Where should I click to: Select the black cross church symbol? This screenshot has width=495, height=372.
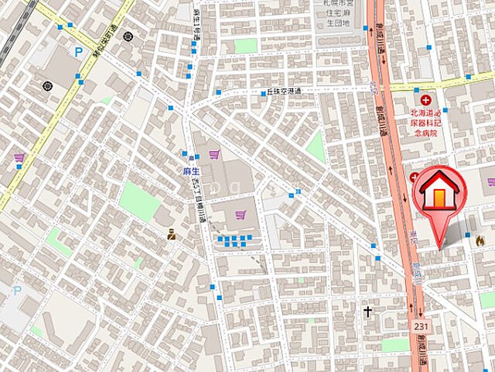[x=368, y=312]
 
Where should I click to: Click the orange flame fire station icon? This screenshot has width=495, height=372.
[x=480, y=241]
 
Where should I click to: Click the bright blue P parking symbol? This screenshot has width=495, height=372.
[x=78, y=52]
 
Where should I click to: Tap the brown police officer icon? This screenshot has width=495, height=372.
[x=171, y=233]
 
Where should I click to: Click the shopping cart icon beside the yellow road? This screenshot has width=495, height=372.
[x=19, y=157]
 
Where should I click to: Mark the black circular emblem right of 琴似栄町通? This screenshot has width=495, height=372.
[x=128, y=36]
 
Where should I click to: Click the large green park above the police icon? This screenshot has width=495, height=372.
[x=139, y=201]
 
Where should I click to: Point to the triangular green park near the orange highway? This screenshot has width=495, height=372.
[x=316, y=147]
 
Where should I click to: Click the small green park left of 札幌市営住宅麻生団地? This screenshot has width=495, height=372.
[x=245, y=46]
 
